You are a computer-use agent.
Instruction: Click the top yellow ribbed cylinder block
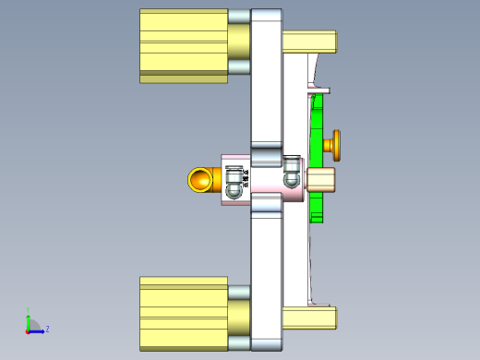pos(183,46)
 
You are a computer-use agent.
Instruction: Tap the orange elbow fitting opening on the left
pos(199,179)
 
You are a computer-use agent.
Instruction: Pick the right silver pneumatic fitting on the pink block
pos(292,172)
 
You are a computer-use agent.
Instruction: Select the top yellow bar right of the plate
pos(310,42)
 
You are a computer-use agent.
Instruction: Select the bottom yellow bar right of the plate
pos(310,318)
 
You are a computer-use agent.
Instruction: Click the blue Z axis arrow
pos(37,330)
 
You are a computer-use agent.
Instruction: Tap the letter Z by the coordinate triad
pos(47,329)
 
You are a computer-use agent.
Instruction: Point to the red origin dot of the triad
pos(28,330)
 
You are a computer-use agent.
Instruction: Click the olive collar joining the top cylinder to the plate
pos(238,42)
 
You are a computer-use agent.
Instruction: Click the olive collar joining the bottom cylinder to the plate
pos(238,318)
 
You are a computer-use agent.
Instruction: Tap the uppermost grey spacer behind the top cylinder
pos(239,16)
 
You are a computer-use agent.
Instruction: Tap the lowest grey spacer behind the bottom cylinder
pos(239,343)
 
